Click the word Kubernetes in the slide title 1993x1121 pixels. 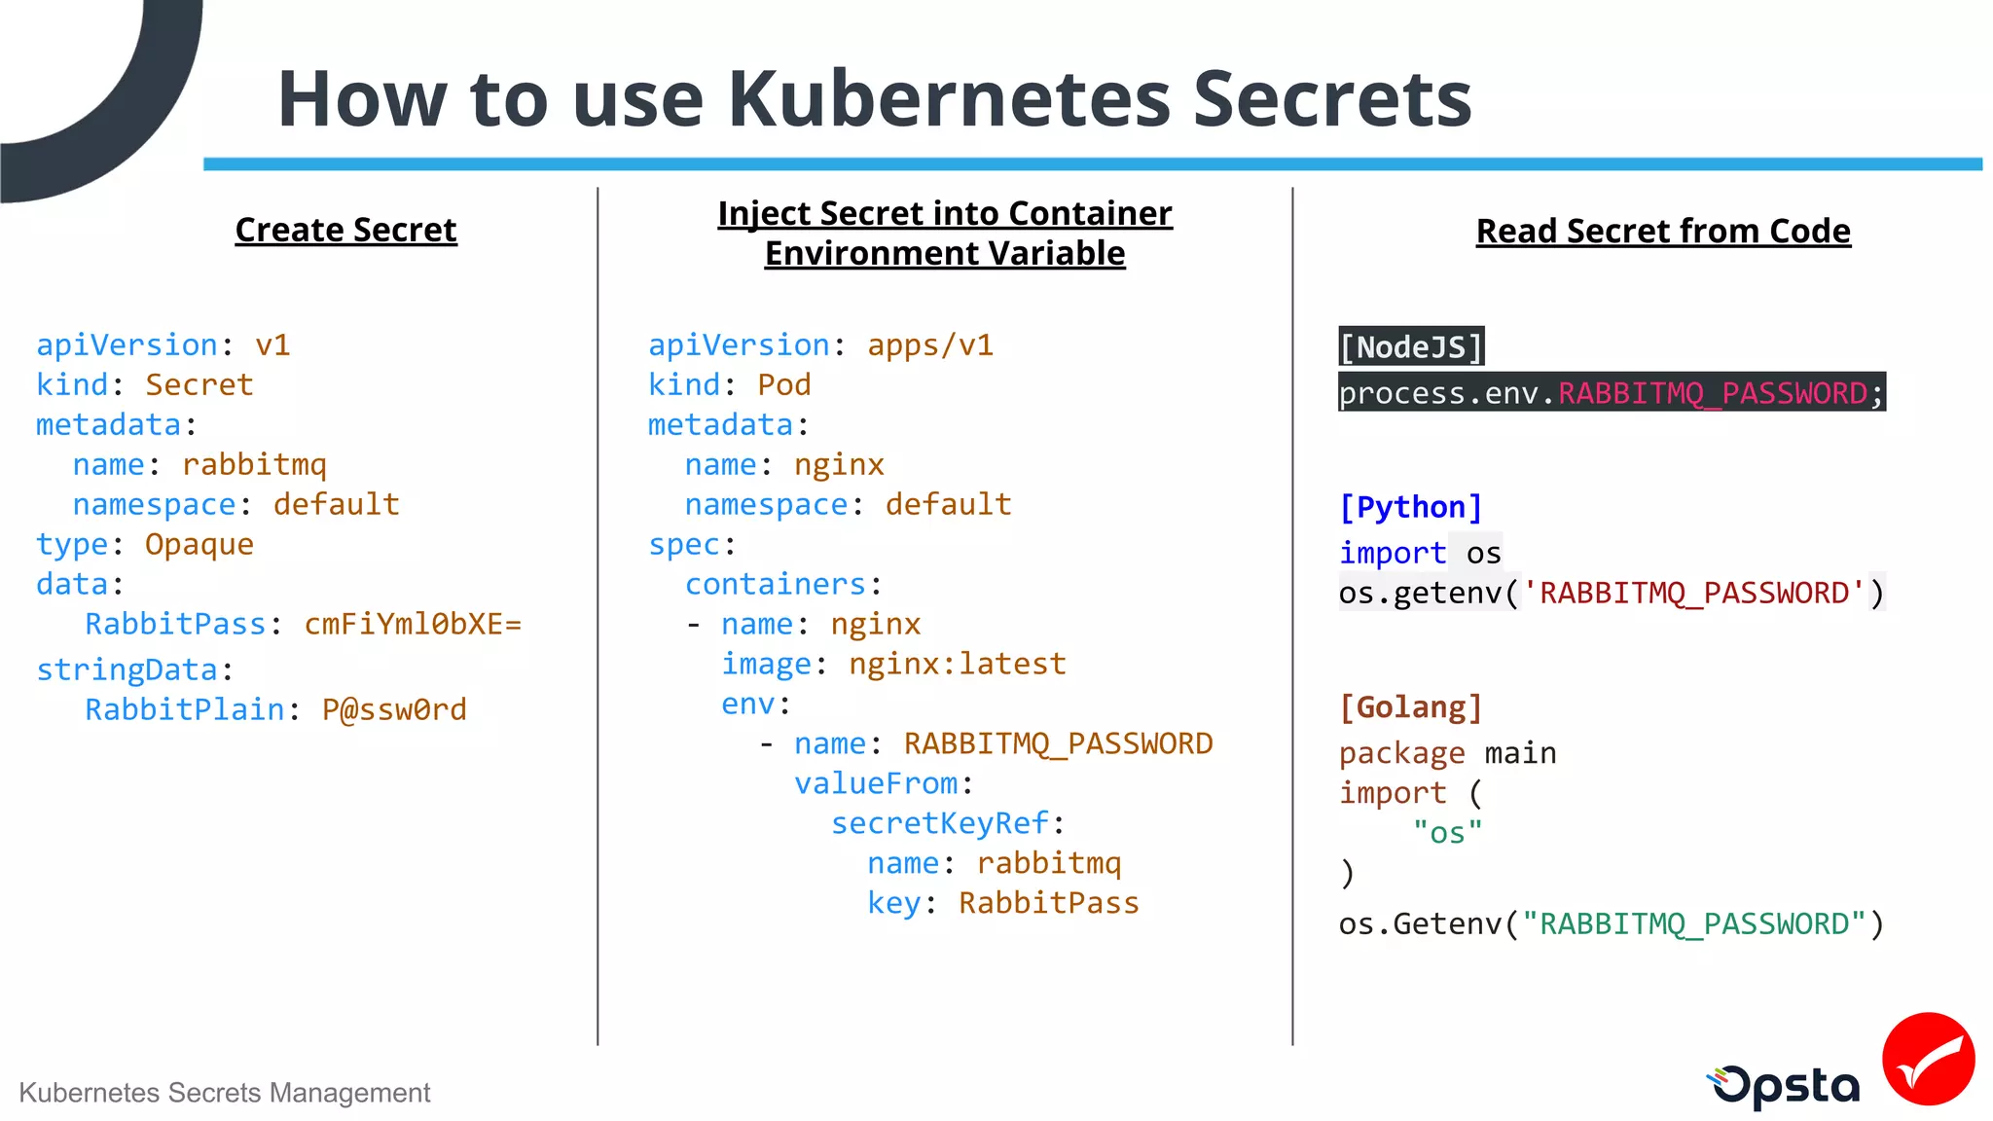[949, 99]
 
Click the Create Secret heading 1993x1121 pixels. [345, 231]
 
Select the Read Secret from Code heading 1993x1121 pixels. [1662, 232]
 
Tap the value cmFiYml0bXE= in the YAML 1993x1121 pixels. [413, 624]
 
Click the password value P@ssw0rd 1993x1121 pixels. [394, 709]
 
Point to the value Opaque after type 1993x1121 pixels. [199, 544]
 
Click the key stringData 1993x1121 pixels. [127, 669]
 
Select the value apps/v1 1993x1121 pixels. [929, 345]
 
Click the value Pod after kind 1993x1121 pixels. [783, 385]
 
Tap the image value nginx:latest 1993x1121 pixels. [957, 664]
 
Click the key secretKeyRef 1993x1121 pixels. [939, 823]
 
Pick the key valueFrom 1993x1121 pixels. [876, 783]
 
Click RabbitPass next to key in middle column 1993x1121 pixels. [1048, 903]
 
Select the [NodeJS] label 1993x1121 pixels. [1410, 347]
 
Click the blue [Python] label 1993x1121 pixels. [1410, 507]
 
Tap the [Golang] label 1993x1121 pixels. [1410, 707]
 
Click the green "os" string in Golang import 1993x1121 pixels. [1447, 833]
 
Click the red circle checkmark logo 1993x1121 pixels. [1927, 1059]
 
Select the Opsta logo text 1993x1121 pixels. [1786, 1086]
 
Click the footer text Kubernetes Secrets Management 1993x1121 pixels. [224, 1093]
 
